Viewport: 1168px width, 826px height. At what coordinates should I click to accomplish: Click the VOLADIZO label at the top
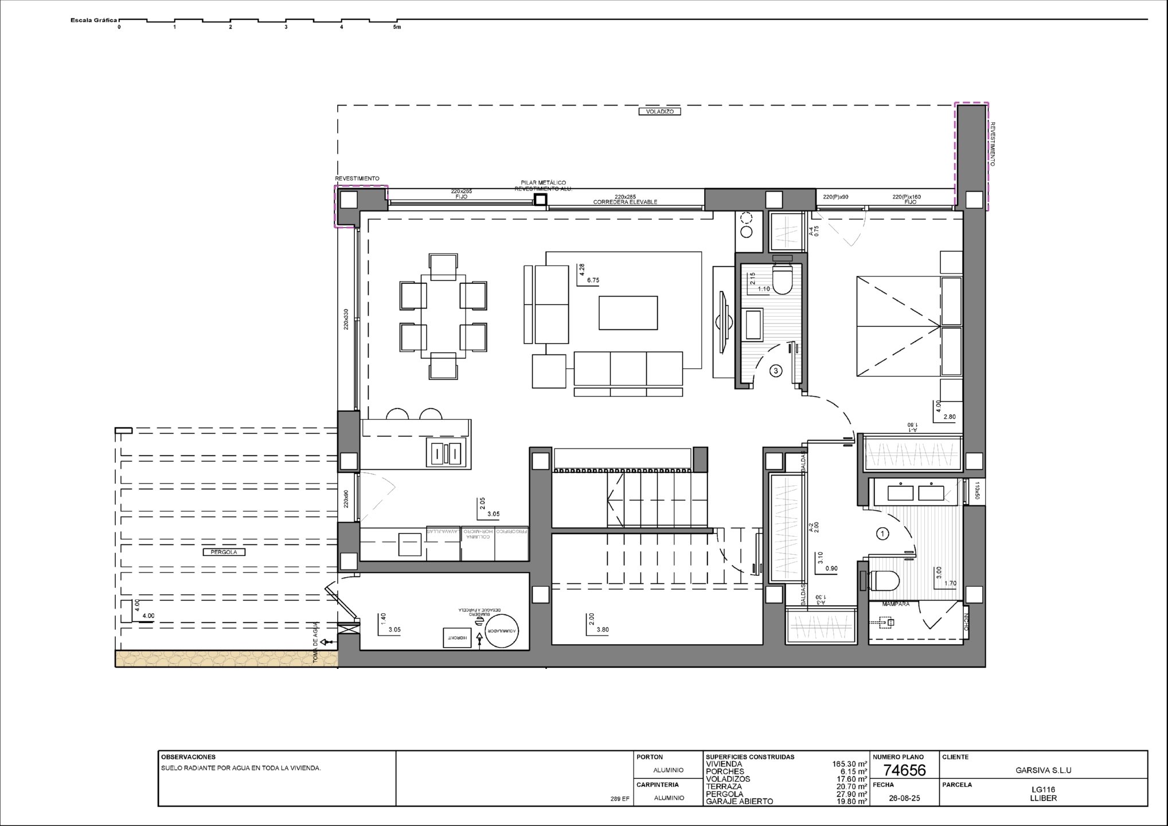tap(659, 112)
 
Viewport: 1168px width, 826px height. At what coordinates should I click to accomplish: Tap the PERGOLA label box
tap(224, 552)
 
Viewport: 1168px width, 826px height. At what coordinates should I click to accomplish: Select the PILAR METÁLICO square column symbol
tap(540, 200)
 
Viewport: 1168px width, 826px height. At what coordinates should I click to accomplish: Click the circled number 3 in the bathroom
tap(776, 371)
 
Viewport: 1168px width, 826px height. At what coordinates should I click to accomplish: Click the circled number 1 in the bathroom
tap(882, 534)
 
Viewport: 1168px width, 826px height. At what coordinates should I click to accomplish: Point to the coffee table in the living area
tap(628, 313)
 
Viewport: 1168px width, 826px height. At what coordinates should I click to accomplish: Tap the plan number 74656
tap(904, 770)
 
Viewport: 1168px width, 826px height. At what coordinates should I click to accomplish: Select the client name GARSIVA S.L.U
tap(1043, 770)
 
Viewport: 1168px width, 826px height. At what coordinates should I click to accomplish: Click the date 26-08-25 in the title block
tap(904, 798)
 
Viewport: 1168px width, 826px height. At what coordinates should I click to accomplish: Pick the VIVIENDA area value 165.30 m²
tap(849, 764)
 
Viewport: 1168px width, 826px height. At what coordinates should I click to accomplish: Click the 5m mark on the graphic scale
tap(397, 27)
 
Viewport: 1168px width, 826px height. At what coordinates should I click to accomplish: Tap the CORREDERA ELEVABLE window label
tap(625, 202)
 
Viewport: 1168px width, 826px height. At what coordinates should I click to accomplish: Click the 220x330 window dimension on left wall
tap(346, 320)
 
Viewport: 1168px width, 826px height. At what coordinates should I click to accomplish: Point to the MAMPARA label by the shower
tap(896, 604)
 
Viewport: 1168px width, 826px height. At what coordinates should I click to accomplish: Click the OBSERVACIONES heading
tap(188, 757)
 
